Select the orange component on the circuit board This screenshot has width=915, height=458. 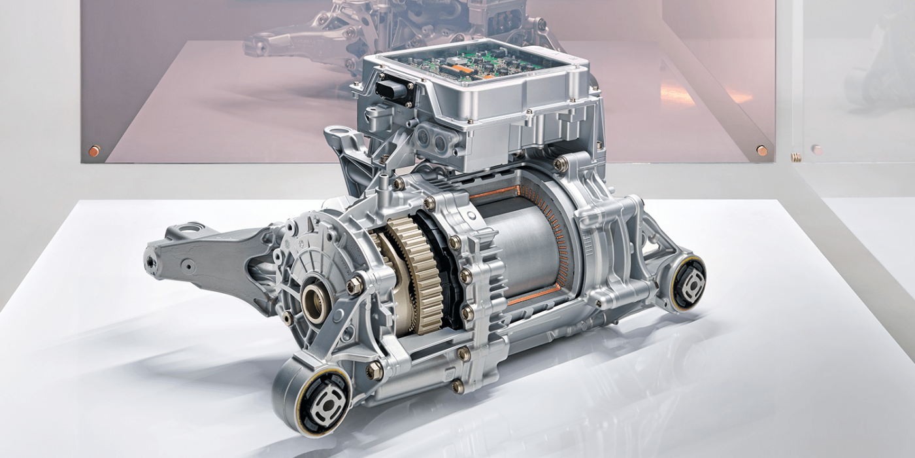(461, 68)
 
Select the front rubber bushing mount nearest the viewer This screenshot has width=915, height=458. (325, 399)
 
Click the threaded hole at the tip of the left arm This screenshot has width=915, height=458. (151, 261)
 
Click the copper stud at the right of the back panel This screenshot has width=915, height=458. (761, 150)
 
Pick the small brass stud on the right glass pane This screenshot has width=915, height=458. (795, 157)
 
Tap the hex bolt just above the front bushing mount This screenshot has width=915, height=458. (374, 371)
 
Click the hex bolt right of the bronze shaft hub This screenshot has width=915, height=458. (354, 285)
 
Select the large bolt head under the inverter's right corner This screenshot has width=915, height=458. (560, 163)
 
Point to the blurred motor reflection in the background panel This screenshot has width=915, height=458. (392, 26)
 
